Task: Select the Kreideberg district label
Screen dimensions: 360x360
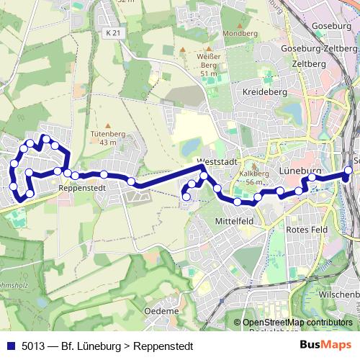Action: pos(265,92)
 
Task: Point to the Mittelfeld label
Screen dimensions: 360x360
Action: pos(234,221)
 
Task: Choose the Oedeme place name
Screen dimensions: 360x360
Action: pos(161,310)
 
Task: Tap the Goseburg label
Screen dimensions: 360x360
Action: pos(332,27)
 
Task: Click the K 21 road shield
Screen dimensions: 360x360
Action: pos(112,33)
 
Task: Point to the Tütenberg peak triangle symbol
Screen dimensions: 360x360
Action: pos(108,125)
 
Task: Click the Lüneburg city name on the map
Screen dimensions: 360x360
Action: pos(298,171)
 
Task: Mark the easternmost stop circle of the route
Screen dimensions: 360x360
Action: pos(348,171)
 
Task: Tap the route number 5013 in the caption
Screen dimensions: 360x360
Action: pos(34,346)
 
